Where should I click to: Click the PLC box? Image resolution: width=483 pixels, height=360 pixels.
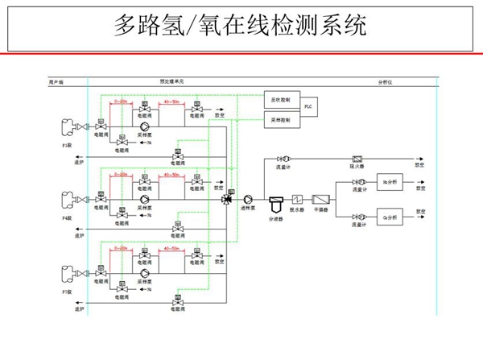[x=307, y=106]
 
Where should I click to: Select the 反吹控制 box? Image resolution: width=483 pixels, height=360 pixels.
[x=281, y=100]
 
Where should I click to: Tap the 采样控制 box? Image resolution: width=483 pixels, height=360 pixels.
[x=281, y=120]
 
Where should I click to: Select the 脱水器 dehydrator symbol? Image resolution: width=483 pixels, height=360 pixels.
[x=296, y=198]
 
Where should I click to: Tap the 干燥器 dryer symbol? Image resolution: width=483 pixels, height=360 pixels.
[x=320, y=198]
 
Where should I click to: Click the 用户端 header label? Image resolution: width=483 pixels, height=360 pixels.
[x=56, y=81]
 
